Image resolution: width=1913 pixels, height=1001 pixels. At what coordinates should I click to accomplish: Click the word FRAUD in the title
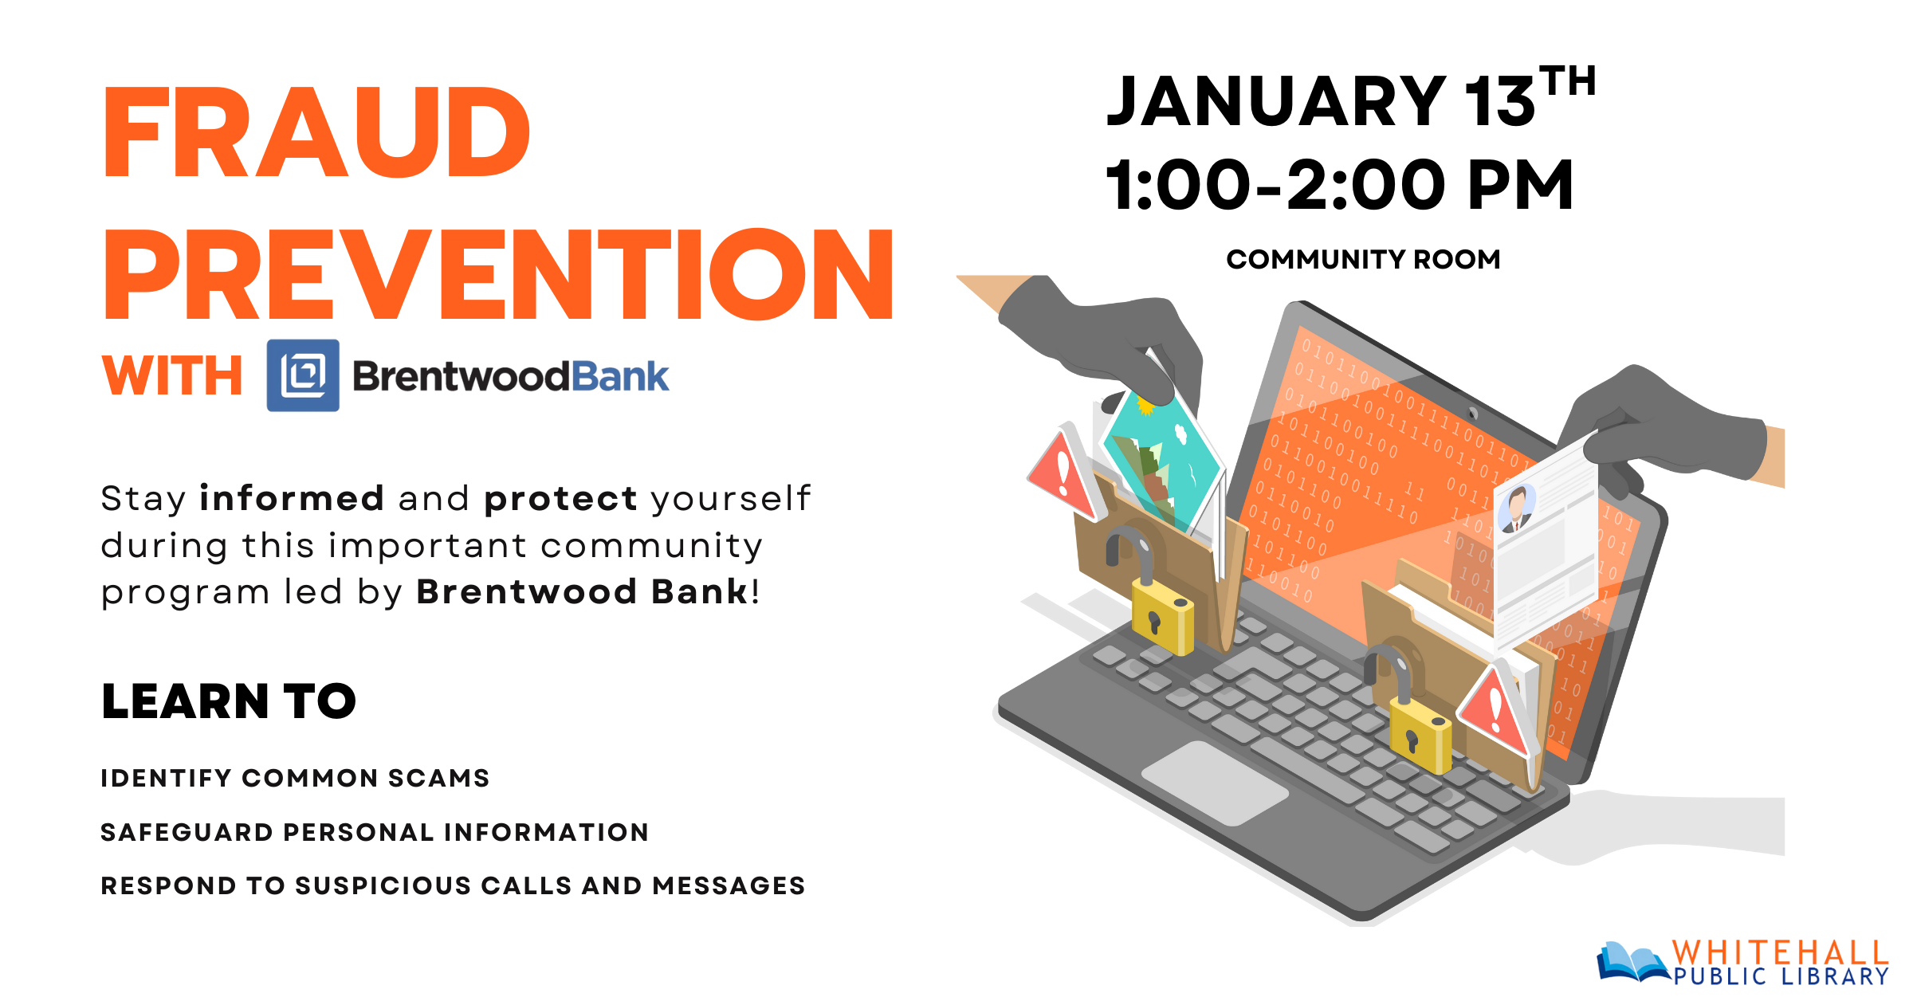(316, 132)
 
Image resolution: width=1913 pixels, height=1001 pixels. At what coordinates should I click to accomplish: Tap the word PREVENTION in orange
(499, 274)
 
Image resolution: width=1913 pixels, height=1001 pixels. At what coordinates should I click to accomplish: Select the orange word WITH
(172, 375)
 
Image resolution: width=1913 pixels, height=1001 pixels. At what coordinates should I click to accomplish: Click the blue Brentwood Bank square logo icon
(303, 375)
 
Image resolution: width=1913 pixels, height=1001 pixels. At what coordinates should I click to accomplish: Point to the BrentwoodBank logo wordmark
(511, 377)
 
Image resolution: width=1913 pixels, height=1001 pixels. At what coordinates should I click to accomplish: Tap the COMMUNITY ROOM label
(1363, 260)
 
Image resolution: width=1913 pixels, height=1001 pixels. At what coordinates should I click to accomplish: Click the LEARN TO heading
(229, 701)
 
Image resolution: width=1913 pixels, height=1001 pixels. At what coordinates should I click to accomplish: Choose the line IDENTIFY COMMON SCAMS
(295, 778)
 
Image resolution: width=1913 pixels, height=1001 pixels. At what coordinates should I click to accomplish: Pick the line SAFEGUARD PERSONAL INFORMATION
(375, 832)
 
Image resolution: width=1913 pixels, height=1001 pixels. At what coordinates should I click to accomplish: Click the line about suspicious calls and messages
(453, 885)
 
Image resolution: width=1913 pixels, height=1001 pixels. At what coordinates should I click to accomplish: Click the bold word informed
(292, 498)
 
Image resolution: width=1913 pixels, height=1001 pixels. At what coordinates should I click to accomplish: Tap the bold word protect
(560, 500)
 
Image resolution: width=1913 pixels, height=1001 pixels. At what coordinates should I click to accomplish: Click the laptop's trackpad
(1216, 783)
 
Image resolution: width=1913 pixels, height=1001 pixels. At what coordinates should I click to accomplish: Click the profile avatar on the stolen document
(1517, 508)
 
